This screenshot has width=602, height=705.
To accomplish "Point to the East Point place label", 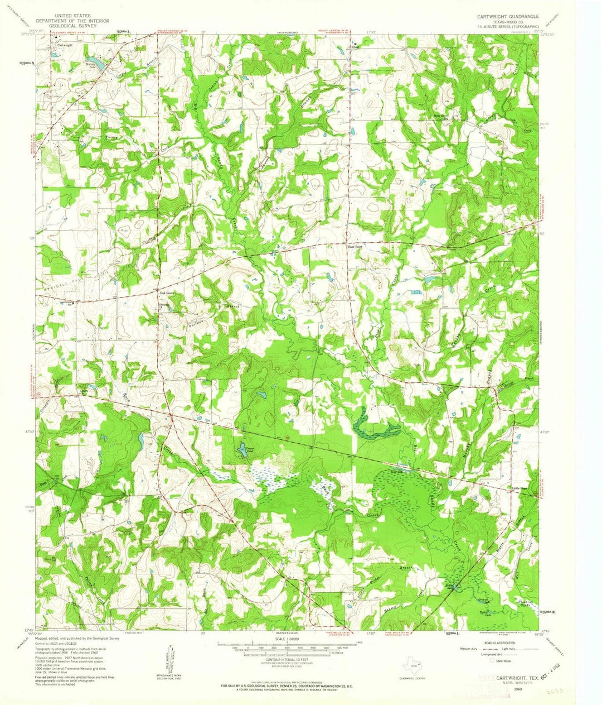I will [x=355, y=247].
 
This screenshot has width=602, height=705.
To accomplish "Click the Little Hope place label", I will [x=521, y=488].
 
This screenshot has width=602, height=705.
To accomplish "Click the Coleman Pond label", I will [x=246, y=448].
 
